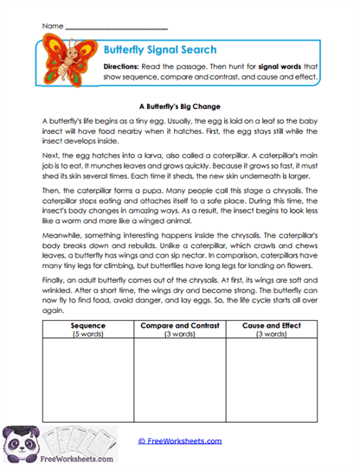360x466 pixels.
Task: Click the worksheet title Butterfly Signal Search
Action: (159, 50)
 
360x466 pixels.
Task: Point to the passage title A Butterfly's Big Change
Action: (180, 105)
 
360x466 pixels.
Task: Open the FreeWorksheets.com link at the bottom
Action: (179, 441)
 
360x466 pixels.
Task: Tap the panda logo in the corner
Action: (22, 441)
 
